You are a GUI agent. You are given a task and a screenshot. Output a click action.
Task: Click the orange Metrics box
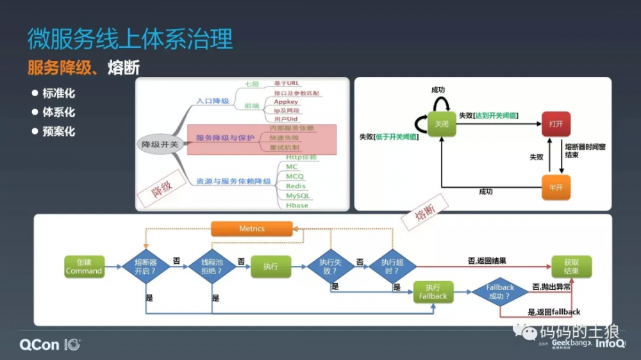click(x=251, y=229)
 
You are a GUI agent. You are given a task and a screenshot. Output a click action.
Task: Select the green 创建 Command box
click(x=84, y=266)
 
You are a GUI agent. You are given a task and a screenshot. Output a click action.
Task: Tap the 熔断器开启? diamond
click(x=146, y=266)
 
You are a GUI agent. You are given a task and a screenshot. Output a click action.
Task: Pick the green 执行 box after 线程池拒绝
click(x=271, y=266)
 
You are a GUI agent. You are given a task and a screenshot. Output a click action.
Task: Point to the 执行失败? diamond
click(x=330, y=266)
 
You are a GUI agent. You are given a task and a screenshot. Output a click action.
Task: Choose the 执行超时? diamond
click(x=392, y=266)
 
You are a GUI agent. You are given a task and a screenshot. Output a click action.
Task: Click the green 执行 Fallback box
click(x=433, y=291)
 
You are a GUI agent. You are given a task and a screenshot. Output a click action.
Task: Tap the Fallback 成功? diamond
click(x=501, y=291)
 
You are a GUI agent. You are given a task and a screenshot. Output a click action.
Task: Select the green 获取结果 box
click(x=571, y=266)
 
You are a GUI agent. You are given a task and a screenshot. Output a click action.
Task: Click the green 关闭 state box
click(x=442, y=124)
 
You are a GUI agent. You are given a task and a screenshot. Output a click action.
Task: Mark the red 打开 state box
click(x=556, y=124)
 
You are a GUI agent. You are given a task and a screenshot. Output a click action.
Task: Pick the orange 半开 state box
click(x=556, y=187)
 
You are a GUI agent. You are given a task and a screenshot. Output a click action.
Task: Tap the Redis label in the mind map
click(x=296, y=186)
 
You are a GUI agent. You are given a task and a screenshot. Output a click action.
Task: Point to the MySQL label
click(x=297, y=195)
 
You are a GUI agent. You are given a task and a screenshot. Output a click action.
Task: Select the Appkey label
click(x=286, y=102)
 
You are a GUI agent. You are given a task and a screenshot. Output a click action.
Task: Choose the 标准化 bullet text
click(x=58, y=94)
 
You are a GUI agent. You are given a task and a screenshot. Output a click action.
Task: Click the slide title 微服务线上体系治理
click(x=130, y=39)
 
